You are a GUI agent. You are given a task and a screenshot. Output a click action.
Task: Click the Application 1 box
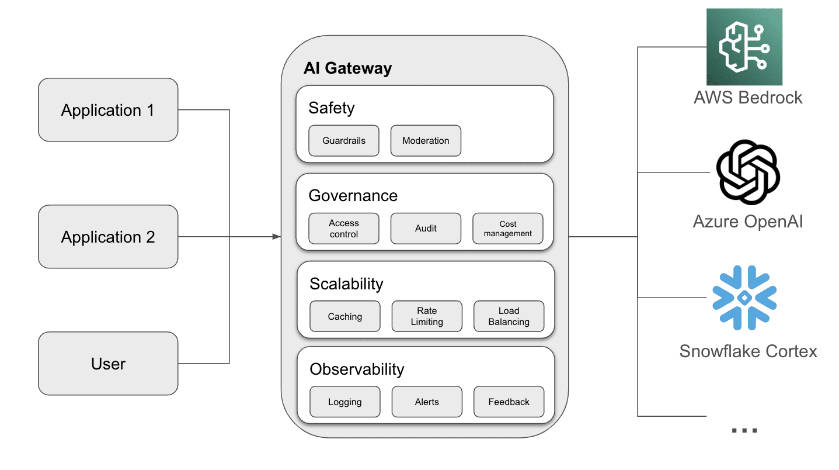coord(108,110)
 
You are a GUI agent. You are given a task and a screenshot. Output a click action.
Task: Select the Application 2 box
coord(108,237)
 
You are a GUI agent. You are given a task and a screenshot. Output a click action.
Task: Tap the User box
coord(108,364)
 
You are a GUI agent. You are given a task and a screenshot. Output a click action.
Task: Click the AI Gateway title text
coord(347,68)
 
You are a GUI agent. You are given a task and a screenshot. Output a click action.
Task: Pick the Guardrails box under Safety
coord(344,141)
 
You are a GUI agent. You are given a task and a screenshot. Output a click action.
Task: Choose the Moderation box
coord(426,141)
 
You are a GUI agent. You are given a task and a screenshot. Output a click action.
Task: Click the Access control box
coord(344,229)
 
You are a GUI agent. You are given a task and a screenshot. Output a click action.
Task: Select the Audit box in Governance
coord(426,229)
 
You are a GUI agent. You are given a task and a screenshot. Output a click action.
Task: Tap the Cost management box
coord(507,229)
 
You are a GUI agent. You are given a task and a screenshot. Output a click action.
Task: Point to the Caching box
coord(345,316)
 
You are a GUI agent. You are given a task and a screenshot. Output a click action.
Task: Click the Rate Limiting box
coord(427,316)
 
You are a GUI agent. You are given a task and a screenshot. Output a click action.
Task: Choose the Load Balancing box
coord(509,316)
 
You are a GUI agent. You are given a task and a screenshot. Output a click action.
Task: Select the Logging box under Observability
coord(345,402)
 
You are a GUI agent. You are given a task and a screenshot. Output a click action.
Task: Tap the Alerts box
coord(427,402)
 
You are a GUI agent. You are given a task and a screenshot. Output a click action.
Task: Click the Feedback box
coord(509,402)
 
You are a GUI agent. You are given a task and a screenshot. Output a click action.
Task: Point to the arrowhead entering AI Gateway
coord(277,237)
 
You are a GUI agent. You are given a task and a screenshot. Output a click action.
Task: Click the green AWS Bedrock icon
coord(744,47)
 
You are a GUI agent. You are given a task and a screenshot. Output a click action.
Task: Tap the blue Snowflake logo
coord(744,298)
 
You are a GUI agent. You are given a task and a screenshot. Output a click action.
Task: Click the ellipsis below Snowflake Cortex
coord(744,430)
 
